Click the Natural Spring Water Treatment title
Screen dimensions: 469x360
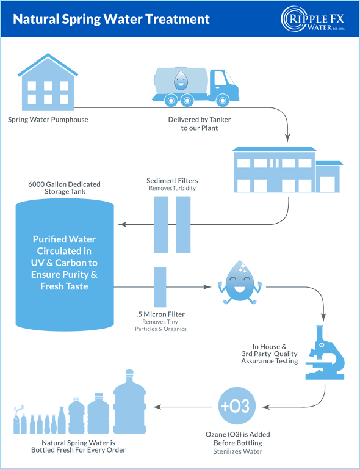tap(111, 20)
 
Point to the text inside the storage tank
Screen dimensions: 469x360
tap(65, 263)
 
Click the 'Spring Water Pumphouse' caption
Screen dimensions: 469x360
tap(48, 120)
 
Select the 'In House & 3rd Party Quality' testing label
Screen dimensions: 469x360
tap(269, 353)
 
